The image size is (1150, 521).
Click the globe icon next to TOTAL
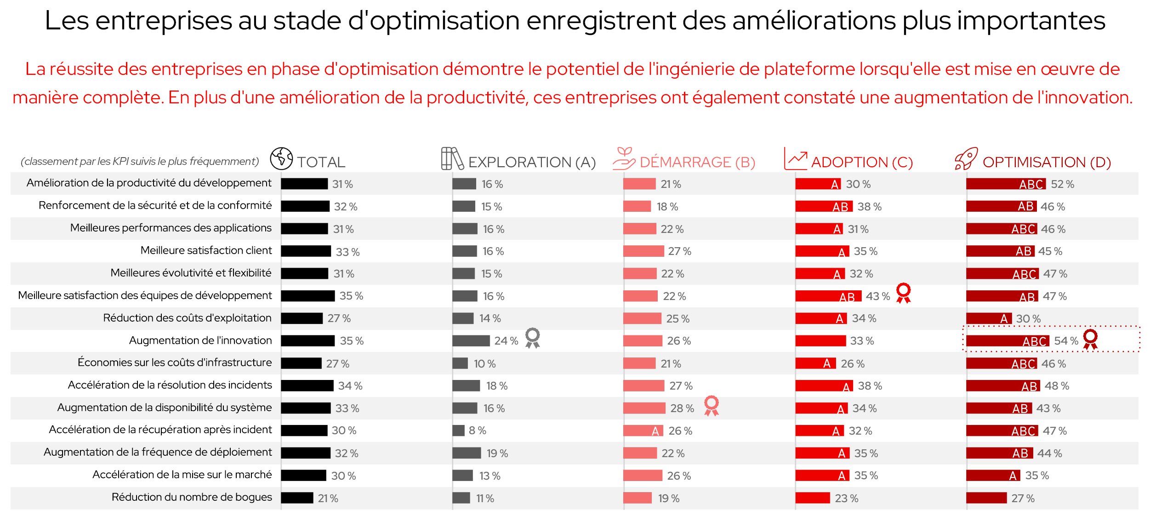click(281, 159)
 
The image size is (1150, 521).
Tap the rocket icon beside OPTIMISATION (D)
click(966, 159)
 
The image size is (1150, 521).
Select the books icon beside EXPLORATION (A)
click(452, 159)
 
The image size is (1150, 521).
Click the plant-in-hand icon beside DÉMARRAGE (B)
click(624, 159)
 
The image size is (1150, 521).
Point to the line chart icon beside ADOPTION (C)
click(796, 159)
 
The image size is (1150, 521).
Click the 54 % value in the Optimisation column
click(1066, 341)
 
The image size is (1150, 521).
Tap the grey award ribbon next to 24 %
click(533, 338)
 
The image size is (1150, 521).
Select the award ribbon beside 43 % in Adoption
click(903, 293)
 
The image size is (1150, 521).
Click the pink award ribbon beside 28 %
click(711, 406)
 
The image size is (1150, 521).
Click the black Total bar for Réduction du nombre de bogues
click(297, 498)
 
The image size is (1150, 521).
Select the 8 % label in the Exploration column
click(477, 430)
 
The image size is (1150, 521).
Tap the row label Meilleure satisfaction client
click(206, 250)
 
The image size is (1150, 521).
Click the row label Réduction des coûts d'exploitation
click(187, 318)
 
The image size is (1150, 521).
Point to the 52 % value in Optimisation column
click(1062, 184)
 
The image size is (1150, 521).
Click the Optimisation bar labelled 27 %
click(986, 498)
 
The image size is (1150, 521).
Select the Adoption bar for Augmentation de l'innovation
click(820, 341)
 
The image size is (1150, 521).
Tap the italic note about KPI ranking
click(140, 162)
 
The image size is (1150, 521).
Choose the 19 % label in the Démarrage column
click(668, 498)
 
